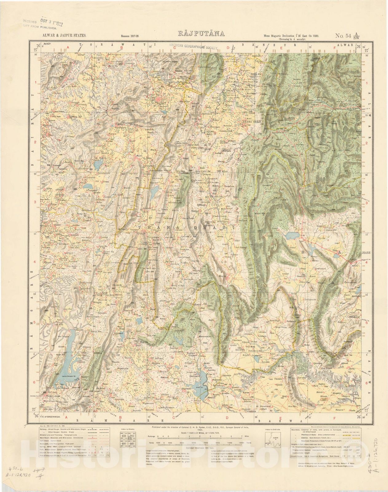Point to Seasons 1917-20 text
tap(130, 36)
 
